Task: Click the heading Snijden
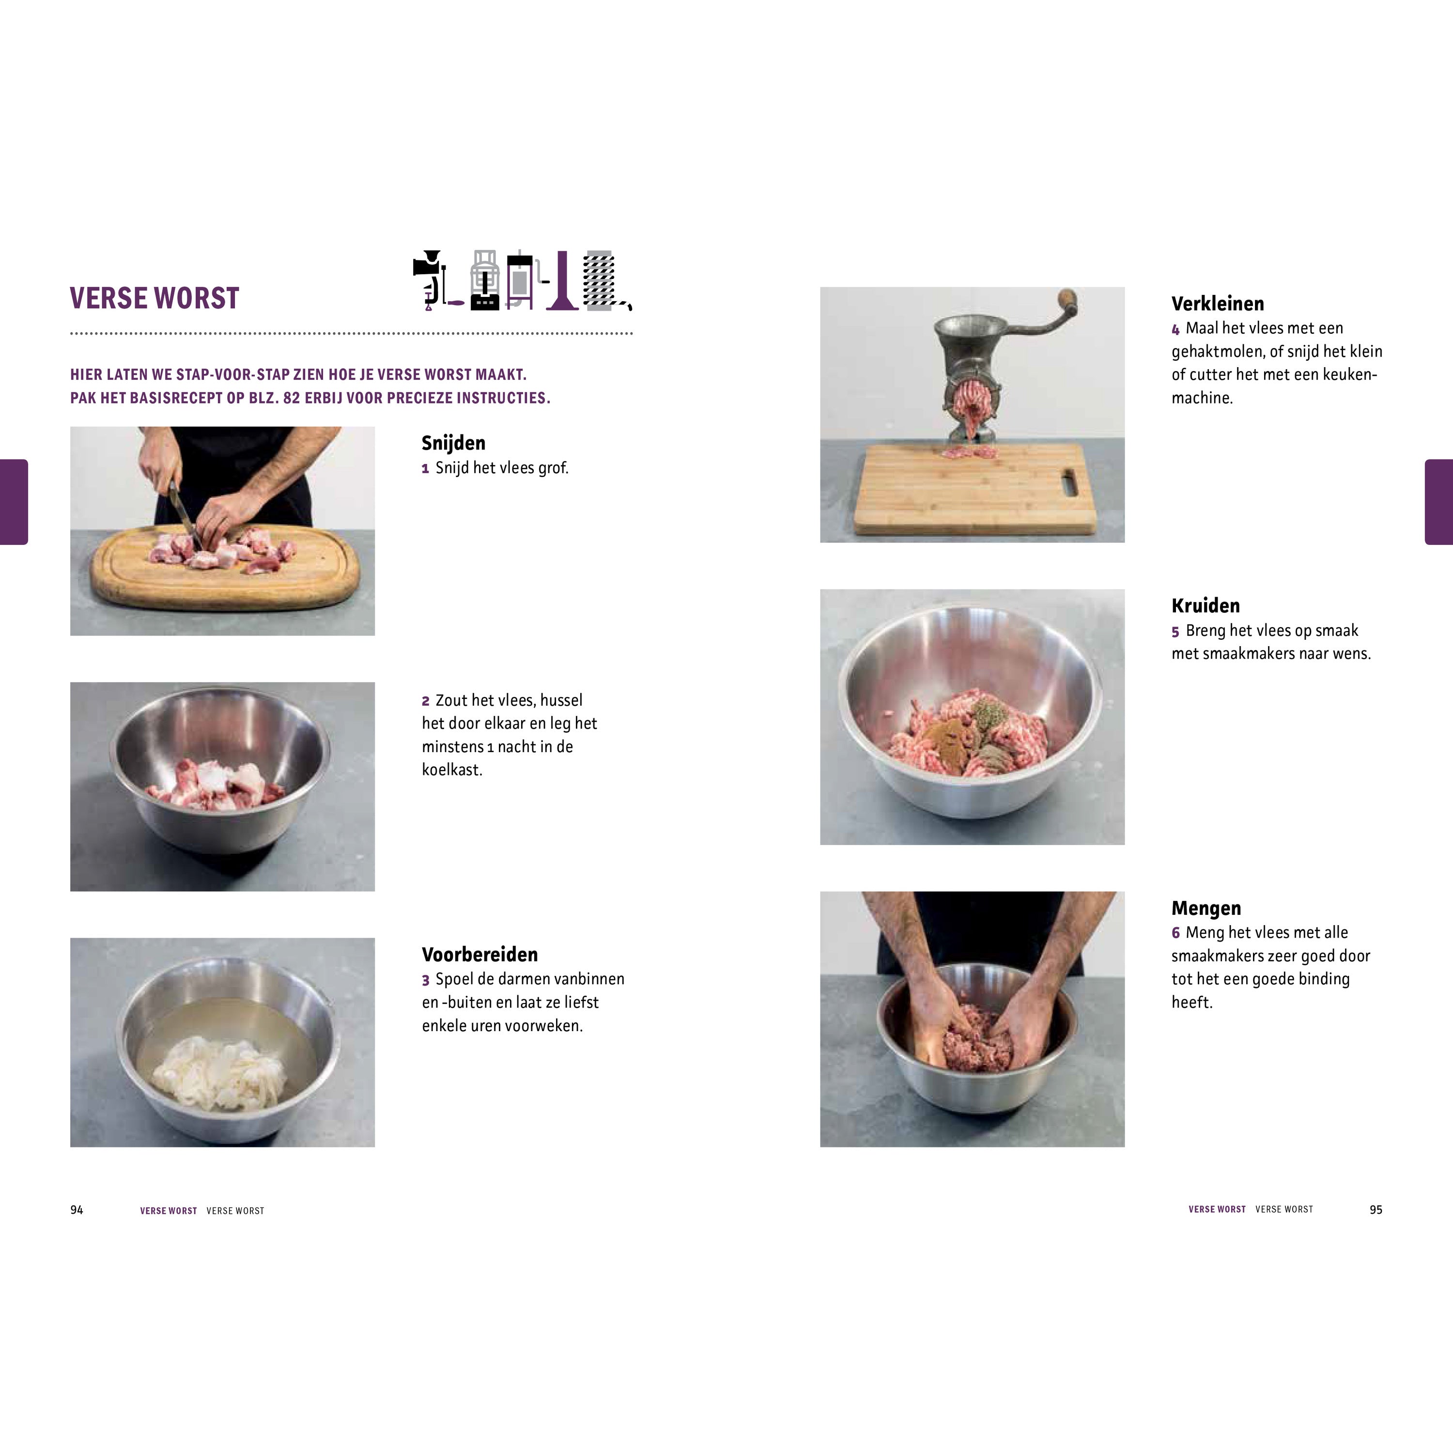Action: [x=453, y=443]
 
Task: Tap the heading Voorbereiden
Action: [x=480, y=954]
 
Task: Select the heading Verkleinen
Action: [x=1218, y=304]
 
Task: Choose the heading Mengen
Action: [x=1206, y=909]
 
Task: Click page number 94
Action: [x=77, y=1209]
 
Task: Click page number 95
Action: [x=1376, y=1209]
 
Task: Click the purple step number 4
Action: [x=1175, y=329]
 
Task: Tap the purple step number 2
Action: [x=426, y=701]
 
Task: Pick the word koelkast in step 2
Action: [x=451, y=770]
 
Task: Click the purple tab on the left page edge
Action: [x=14, y=502]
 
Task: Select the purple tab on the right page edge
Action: [x=1438, y=502]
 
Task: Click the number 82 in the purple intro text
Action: [x=292, y=398]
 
